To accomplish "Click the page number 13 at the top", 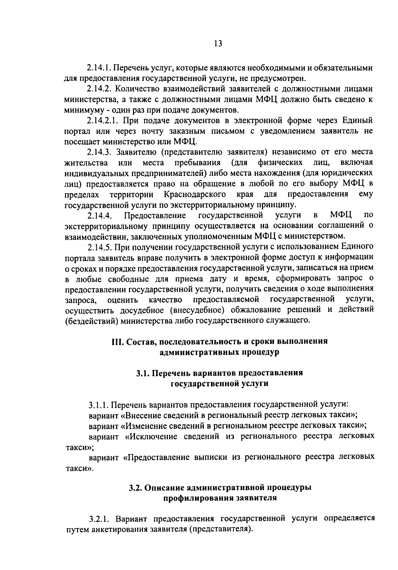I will [218, 44].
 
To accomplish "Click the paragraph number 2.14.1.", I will [99, 68].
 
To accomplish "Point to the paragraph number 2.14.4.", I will [99, 216].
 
